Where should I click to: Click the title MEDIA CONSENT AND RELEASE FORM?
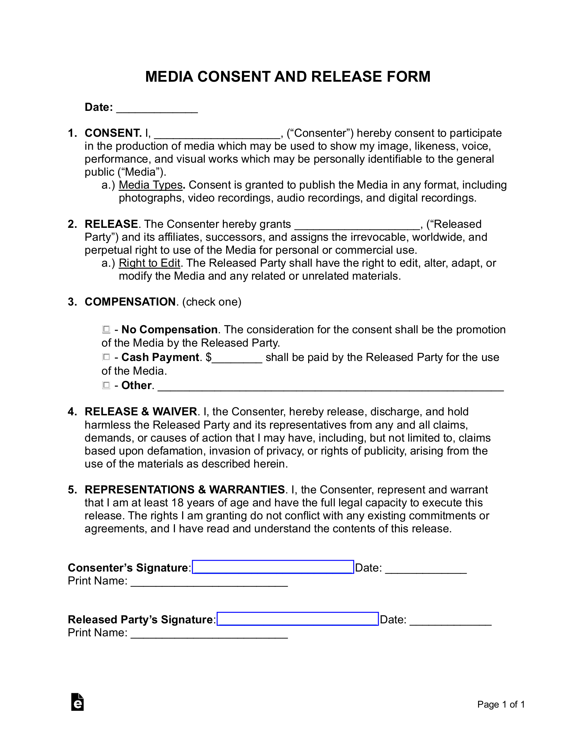(x=288, y=77)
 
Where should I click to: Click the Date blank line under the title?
(x=157, y=108)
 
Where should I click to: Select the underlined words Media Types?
(x=150, y=185)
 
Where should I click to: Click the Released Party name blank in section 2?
(x=357, y=225)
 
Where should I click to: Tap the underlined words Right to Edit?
(x=149, y=263)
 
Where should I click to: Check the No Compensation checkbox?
(x=106, y=329)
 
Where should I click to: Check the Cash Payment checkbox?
(x=106, y=357)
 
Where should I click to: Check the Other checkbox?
(x=106, y=385)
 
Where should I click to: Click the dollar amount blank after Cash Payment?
(x=237, y=358)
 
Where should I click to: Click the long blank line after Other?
(x=330, y=387)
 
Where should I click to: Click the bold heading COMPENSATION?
(x=130, y=302)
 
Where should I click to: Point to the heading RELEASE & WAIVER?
(x=141, y=411)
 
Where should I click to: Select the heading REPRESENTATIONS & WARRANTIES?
(x=185, y=489)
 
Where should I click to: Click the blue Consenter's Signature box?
(x=273, y=567)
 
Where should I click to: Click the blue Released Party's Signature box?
(x=298, y=619)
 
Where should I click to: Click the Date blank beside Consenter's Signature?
(x=426, y=569)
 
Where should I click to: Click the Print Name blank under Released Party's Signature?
(x=209, y=633)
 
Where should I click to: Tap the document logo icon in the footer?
(x=77, y=702)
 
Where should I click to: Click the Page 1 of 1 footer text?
(x=501, y=704)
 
